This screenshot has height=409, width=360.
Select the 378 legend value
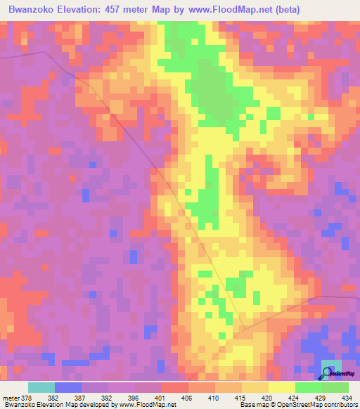pyautogui.click(x=27, y=398)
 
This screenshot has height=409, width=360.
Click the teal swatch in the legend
pyautogui.click(x=41, y=387)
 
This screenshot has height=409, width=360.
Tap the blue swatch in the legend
pyautogui.click(x=67, y=387)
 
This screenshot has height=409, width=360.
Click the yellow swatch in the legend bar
pyautogui.click(x=281, y=387)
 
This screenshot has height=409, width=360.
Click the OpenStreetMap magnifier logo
pyautogui.click(x=328, y=372)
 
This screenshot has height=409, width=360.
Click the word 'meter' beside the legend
pyautogui.click(x=11, y=398)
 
